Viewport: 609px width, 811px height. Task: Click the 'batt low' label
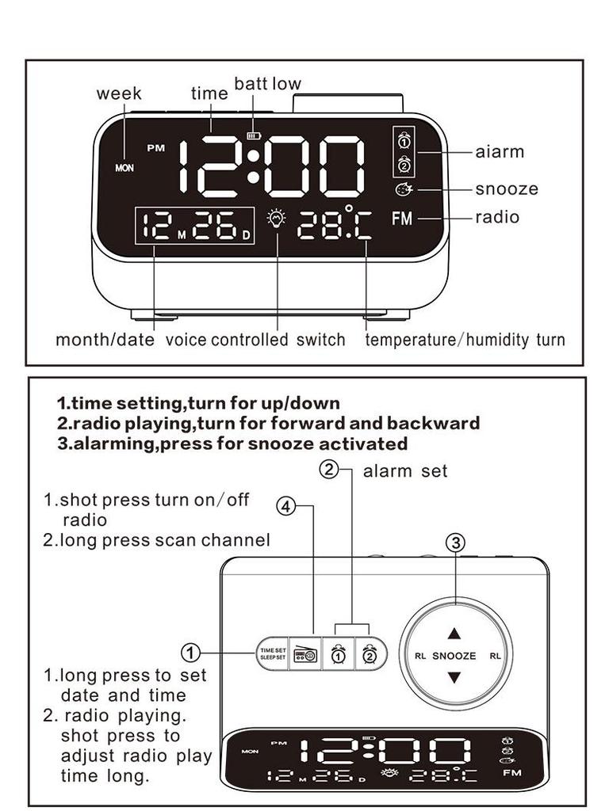tap(267, 84)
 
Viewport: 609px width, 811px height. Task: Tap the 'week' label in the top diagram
tap(119, 93)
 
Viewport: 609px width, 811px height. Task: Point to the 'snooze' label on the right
tap(507, 189)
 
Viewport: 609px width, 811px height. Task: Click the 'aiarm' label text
tap(500, 151)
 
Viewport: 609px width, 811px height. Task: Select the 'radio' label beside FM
tap(497, 217)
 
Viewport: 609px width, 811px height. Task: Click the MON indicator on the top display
tap(124, 168)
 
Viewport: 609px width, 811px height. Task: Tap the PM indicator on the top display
tap(155, 148)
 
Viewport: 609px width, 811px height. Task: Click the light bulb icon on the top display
tap(276, 219)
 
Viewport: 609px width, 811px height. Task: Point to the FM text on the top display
tap(402, 219)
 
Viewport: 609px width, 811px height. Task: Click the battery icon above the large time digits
tap(253, 135)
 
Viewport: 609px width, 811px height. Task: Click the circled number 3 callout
tap(455, 543)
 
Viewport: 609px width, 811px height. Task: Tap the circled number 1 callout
tap(190, 653)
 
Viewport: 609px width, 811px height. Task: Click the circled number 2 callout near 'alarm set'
tap(329, 469)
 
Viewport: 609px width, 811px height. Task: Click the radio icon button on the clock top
tap(304, 654)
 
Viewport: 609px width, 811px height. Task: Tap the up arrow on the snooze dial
tap(454, 634)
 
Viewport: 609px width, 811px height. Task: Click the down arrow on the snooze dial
tap(454, 678)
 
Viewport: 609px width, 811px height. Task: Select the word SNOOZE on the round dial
tap(454, 656)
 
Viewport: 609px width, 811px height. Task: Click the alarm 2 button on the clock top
tap(370, 654)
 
